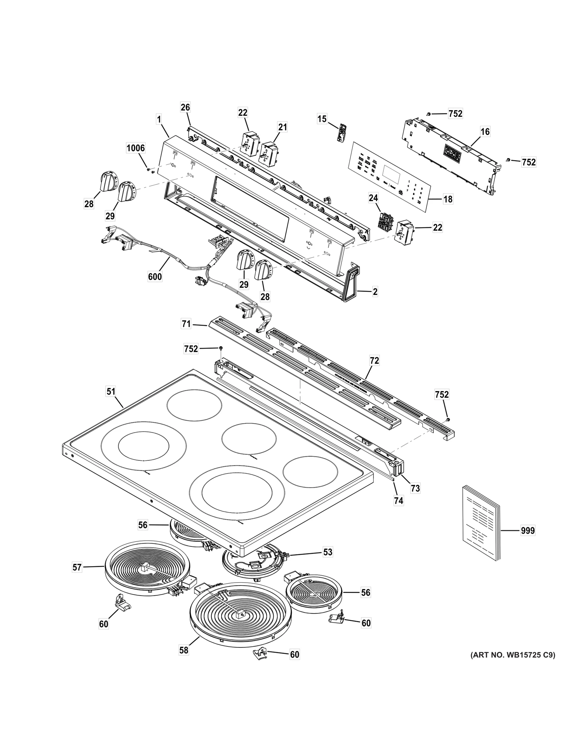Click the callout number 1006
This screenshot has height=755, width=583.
(x=136, y=148)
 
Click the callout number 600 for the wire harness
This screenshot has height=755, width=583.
(x=155, y=277)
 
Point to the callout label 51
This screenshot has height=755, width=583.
(x=111, y=392)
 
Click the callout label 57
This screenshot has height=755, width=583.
(x=77, y=567)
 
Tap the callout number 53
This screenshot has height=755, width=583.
(x=328, y=552)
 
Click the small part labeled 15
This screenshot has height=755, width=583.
(x=341, y=133)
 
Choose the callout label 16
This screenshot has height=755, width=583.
(x=485, y=131)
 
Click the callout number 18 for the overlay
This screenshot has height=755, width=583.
(x=448, y=199)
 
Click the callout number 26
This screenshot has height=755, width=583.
(x=185, y=107)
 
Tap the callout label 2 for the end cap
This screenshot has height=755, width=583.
(x=375, y=292)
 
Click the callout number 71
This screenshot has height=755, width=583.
(x=186, y=324)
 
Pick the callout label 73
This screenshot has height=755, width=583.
(x=415, y=488)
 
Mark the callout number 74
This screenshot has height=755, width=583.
(x=399, y=501)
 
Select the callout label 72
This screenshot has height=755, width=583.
(x=374, y=361)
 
